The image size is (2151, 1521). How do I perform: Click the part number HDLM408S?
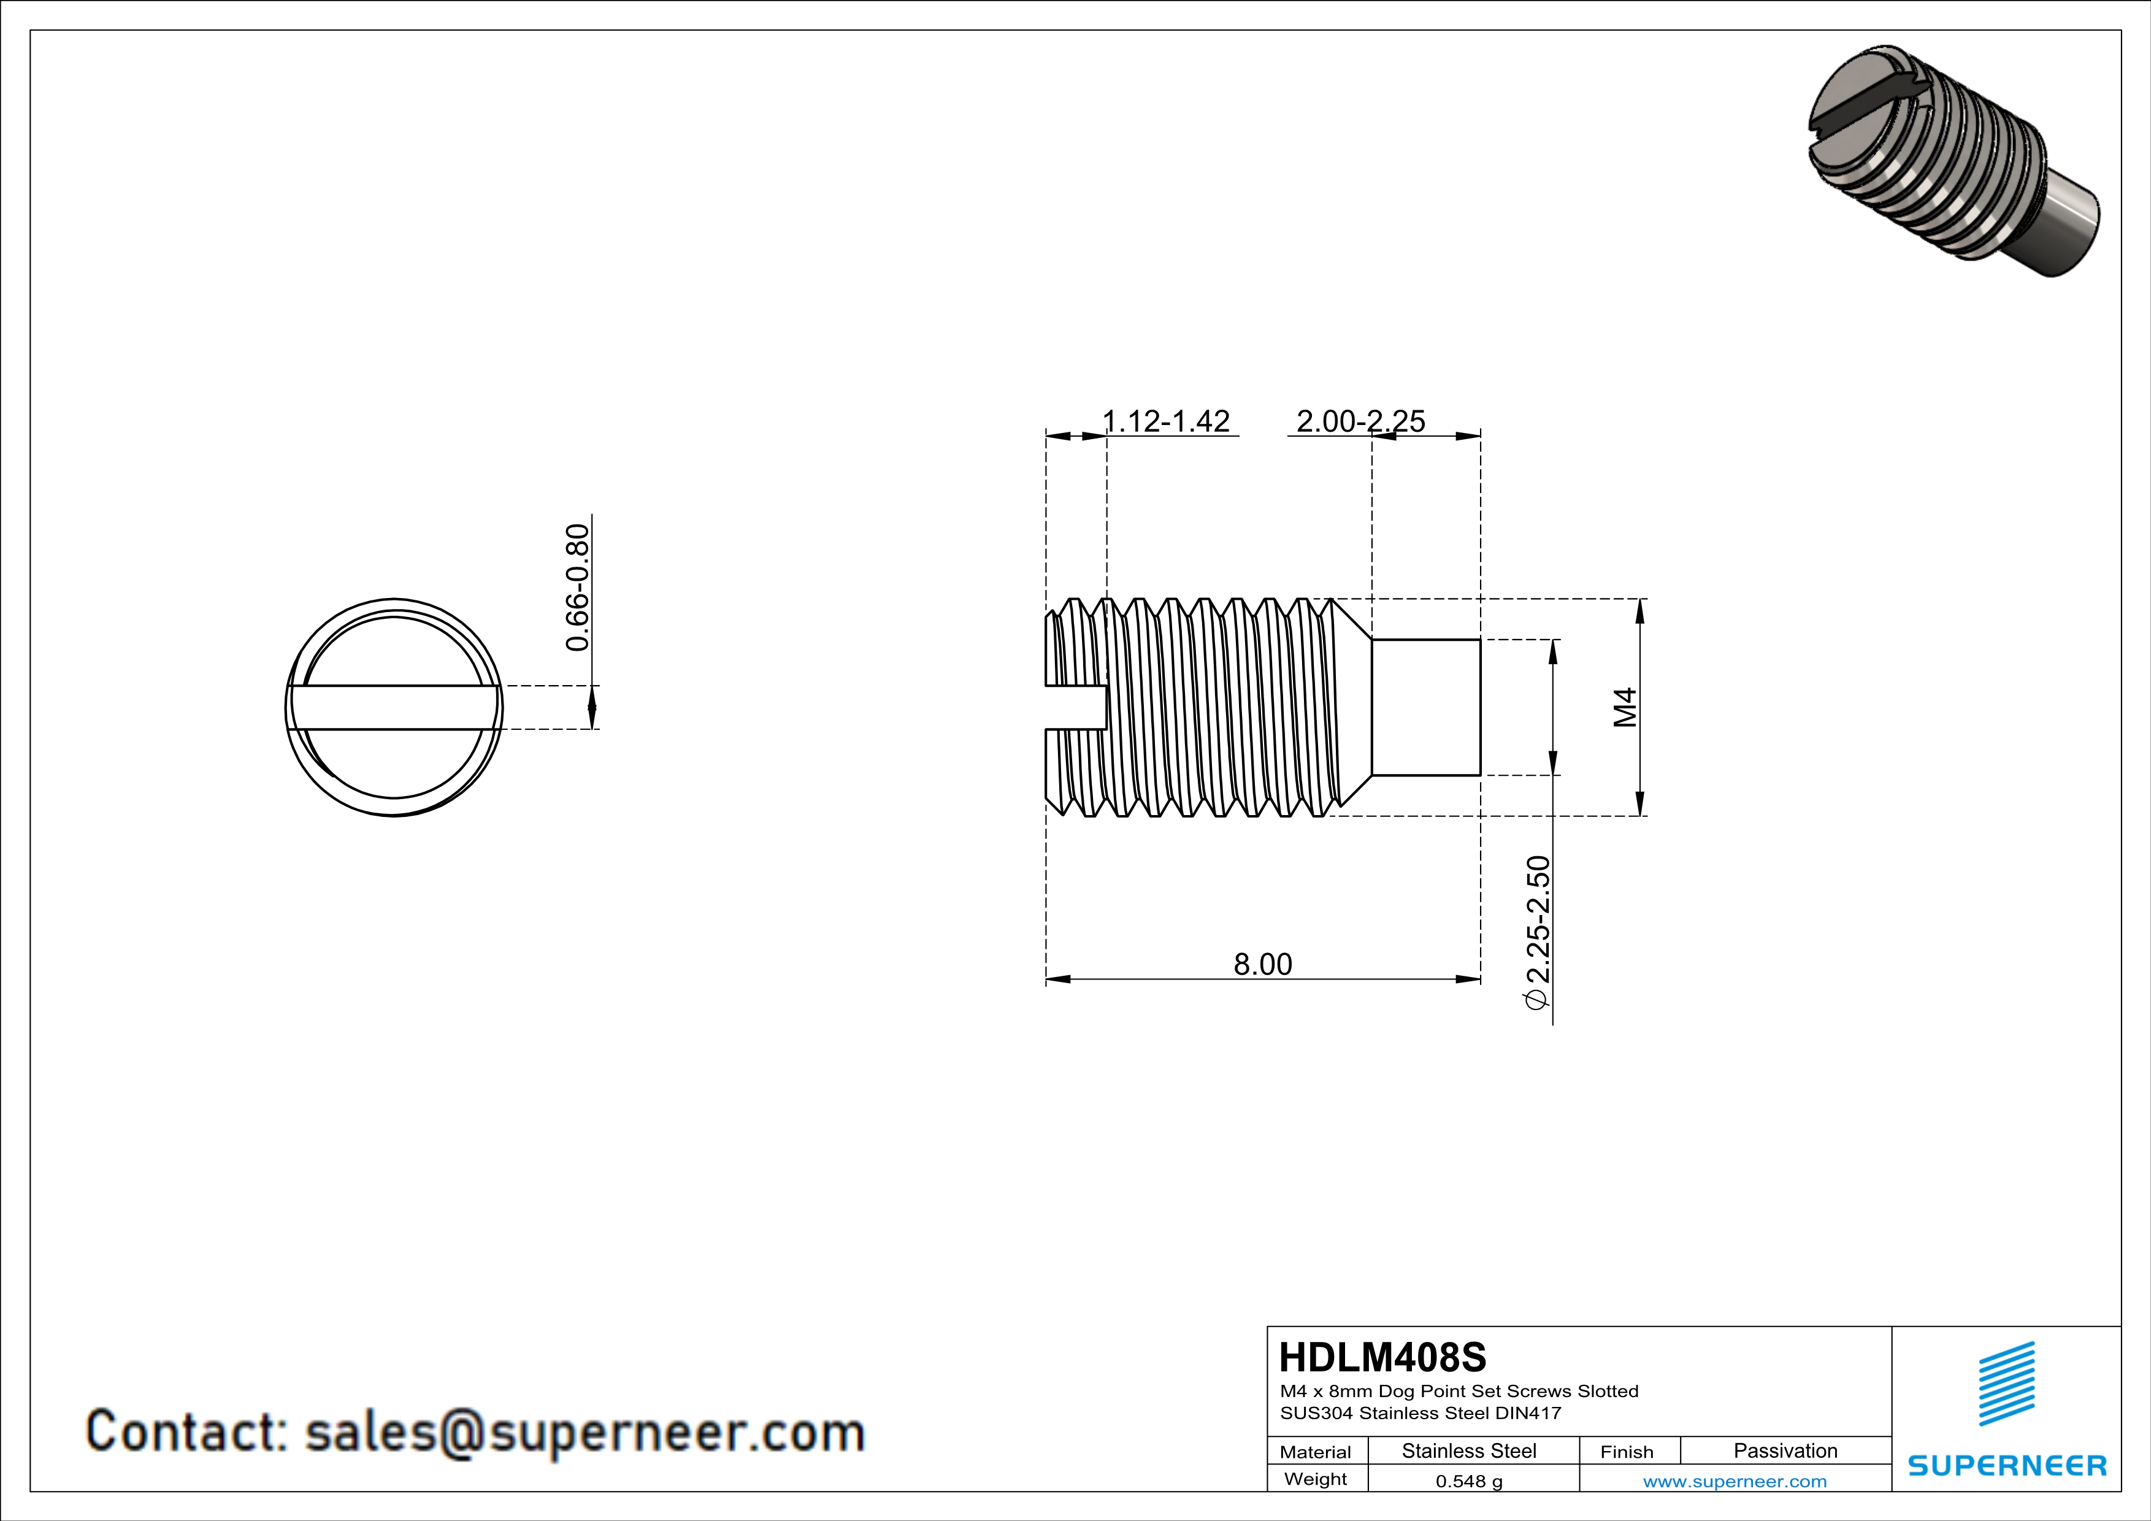point(1382,1357)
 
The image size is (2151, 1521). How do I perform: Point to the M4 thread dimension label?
point(1625,707)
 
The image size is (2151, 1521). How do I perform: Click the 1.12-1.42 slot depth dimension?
point(1167,421)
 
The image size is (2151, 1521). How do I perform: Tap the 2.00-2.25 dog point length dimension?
point(1360,421)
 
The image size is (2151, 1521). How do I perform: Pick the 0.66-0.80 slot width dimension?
point(577,587)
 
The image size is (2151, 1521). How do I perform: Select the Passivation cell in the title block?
point(1785,1450)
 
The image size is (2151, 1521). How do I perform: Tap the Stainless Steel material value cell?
point(1469,1450)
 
